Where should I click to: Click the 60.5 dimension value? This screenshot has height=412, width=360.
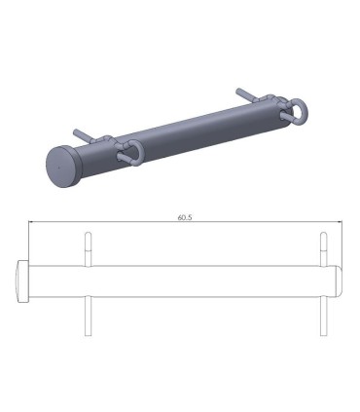185,217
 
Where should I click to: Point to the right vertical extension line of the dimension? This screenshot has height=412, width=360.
343,243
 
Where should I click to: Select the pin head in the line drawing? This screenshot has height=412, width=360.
23,281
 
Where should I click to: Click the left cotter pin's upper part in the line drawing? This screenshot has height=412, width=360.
89,247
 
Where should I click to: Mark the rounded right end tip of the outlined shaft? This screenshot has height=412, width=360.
340,281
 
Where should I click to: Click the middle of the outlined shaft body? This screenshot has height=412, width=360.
185,281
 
